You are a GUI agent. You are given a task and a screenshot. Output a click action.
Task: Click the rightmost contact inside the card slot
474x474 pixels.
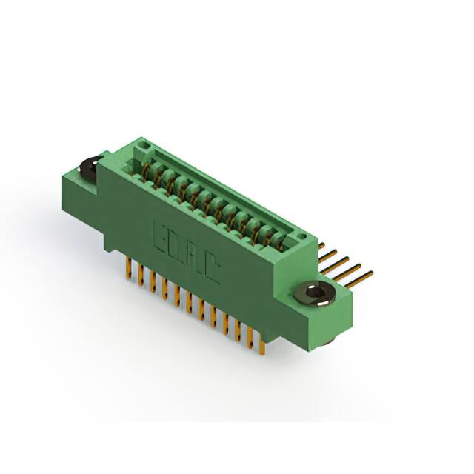280,238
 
